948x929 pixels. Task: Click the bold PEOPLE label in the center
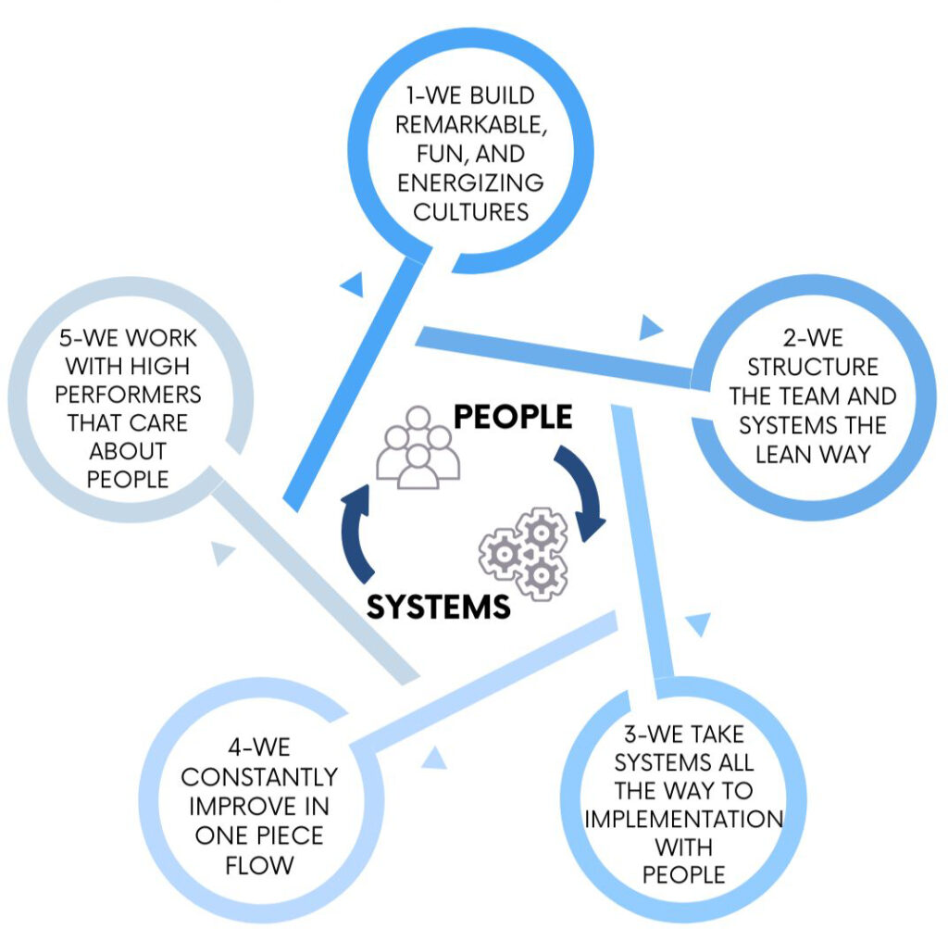click(x=513, y=417)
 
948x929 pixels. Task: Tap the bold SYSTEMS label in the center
click(x=438, y=607)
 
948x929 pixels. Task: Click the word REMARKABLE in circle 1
click(x=470, y=125)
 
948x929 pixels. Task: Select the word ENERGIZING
click(x=470, y=182)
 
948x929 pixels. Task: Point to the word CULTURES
click(x=471, y=212)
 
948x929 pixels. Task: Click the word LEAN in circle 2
click(x=783, y=454)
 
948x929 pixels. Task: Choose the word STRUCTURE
click(x=813, y=367)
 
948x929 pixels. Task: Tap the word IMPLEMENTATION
click(x=684, y=819)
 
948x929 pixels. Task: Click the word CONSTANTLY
click(x=259, y=776)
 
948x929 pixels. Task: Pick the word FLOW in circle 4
click(x=259, y=865)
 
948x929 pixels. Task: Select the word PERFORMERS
click(x=128, y=395)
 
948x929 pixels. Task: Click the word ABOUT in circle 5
click(x=128, y=451)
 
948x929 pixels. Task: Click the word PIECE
click(x=290, y=835)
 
